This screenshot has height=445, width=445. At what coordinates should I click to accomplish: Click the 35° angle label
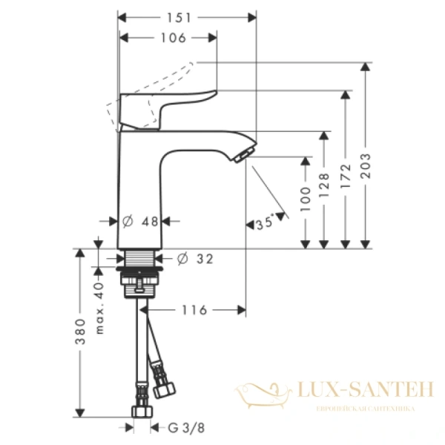tap(264, 221)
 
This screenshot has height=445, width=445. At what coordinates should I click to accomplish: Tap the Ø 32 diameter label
tap(196, 259)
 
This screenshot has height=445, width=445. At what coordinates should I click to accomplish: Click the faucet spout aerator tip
tap(243, 155)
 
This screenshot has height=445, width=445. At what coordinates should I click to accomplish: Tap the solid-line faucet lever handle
tap(167, 102)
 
